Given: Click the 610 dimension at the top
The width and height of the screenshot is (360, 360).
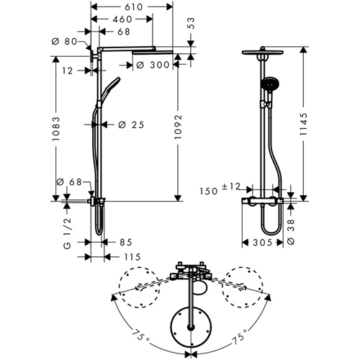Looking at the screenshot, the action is (134, 7).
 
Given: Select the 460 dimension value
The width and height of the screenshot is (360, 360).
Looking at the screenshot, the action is (122, 19).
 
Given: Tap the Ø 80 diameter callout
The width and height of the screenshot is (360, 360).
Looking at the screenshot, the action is (64, 42).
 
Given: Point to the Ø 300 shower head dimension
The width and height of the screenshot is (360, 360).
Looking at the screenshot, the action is (153, 65).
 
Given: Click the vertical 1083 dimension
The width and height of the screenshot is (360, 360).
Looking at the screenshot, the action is (56, 129).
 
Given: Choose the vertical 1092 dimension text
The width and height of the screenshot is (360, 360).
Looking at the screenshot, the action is (179, 127).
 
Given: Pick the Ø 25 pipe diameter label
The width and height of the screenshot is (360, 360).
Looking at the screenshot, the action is (131, 125).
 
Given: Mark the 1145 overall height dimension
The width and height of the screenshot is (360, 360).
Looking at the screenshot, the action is (304, 124).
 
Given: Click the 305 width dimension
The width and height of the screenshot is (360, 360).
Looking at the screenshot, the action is (262, 243).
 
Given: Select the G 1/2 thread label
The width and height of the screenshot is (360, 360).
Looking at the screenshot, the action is (68, 233).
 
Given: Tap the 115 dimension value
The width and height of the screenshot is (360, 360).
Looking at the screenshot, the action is (132, 257).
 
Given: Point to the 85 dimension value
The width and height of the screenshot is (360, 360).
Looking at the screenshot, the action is (126, 243).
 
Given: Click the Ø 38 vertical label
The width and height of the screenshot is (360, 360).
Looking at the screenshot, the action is (291, 232).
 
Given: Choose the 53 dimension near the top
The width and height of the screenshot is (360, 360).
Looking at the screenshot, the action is (192, 23).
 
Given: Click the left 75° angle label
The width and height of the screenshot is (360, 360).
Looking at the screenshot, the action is (140, 334).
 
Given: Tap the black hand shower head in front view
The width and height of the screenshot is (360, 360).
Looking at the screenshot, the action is (270, 83).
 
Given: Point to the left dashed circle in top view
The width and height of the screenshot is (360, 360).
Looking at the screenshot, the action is (120, 287).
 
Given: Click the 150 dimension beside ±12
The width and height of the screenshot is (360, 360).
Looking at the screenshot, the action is (209, 192).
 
